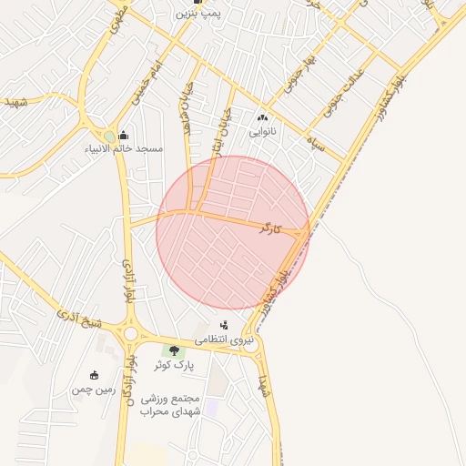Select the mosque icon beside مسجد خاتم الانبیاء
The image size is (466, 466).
[x=122, y=137]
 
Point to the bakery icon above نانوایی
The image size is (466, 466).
[x=264, y=117]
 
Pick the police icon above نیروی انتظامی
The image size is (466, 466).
[x=224, y=325]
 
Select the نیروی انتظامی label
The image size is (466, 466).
[x=223, y=339]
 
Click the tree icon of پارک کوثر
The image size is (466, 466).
[x=173, y=350]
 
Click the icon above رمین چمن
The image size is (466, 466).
[x=94, y=375]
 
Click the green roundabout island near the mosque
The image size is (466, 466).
[x=109, y=137]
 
